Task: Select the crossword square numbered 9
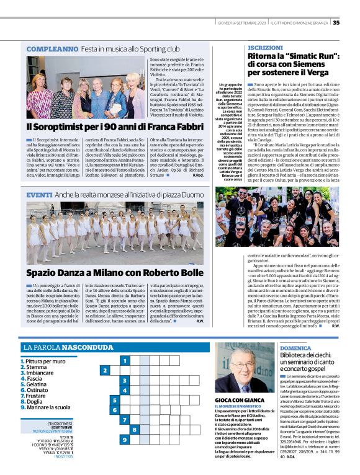pyautogui.click(x=125, y=440)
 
